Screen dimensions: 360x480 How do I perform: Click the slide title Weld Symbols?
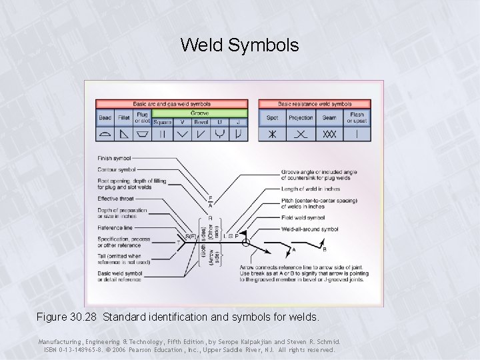239,45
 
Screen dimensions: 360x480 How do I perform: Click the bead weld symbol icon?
105,134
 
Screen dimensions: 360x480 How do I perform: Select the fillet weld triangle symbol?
123,134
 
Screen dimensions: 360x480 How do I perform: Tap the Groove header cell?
199,113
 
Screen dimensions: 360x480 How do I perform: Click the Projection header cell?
301,117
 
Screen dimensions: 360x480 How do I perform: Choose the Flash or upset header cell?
357,117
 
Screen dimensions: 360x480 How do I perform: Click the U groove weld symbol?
219,134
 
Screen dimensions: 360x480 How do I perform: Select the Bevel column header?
200,122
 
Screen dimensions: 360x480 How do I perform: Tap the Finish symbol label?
114,159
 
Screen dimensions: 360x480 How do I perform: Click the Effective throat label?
115,198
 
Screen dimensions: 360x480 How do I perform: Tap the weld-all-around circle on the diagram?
245,243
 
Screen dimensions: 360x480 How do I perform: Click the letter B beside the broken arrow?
325,250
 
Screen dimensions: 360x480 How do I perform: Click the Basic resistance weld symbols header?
315,104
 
